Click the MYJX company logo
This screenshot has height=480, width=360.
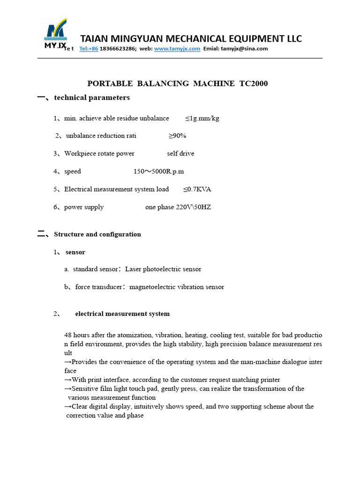[x=55, y=34]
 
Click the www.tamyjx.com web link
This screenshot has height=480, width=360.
[x=177, y=49]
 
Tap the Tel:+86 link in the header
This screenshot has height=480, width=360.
[x=89, y=49]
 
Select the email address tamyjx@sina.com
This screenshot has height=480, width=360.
[x=244, y=49]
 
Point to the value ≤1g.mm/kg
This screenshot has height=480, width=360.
[x=202, y=119]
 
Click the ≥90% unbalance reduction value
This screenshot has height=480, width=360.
[x=177, y=136]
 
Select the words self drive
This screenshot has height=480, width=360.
[x=180, y=154]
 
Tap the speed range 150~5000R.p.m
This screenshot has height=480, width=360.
[x=159, y=172]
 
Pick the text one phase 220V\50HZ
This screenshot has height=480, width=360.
[x=178, y=207]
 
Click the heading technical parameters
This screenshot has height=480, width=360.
[x=92, y=98]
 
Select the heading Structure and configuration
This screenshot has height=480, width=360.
[x=97, y=234]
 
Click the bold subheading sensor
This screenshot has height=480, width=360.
[x=75, y=252]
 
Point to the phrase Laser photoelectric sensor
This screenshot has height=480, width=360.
[x=163, y=270]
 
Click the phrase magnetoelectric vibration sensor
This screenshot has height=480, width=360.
[x=177, y=287]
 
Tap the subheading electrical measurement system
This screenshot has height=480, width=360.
[x=122, y=314]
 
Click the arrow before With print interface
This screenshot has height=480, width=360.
[x=68, y=380]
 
